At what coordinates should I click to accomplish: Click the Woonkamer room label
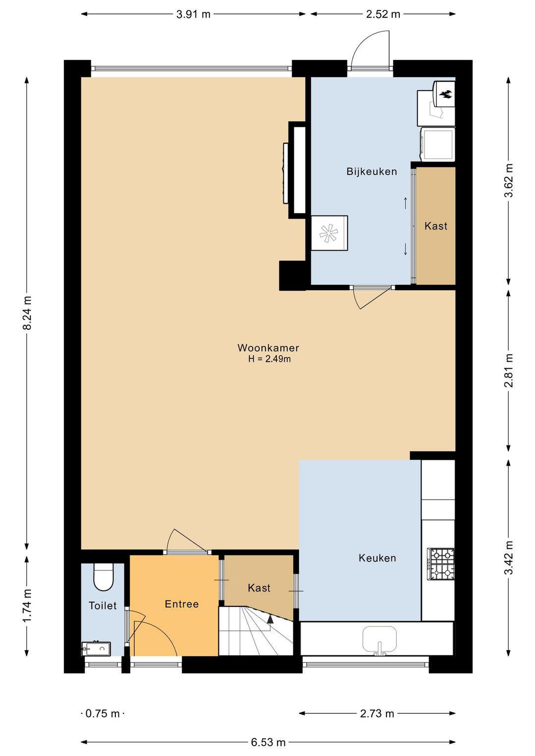pos(268,348)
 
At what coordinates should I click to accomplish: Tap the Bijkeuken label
pos(372,172)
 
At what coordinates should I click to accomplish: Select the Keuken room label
pos(377,558)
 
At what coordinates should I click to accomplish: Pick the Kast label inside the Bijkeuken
pos(436,226)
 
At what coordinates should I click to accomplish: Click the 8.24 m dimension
pos(27,313)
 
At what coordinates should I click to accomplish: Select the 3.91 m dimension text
pos(193,14)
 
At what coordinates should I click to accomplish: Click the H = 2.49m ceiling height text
pos(269,359)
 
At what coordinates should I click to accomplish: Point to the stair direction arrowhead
pos(269,618)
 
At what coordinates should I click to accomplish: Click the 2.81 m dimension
pos(509,370)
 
